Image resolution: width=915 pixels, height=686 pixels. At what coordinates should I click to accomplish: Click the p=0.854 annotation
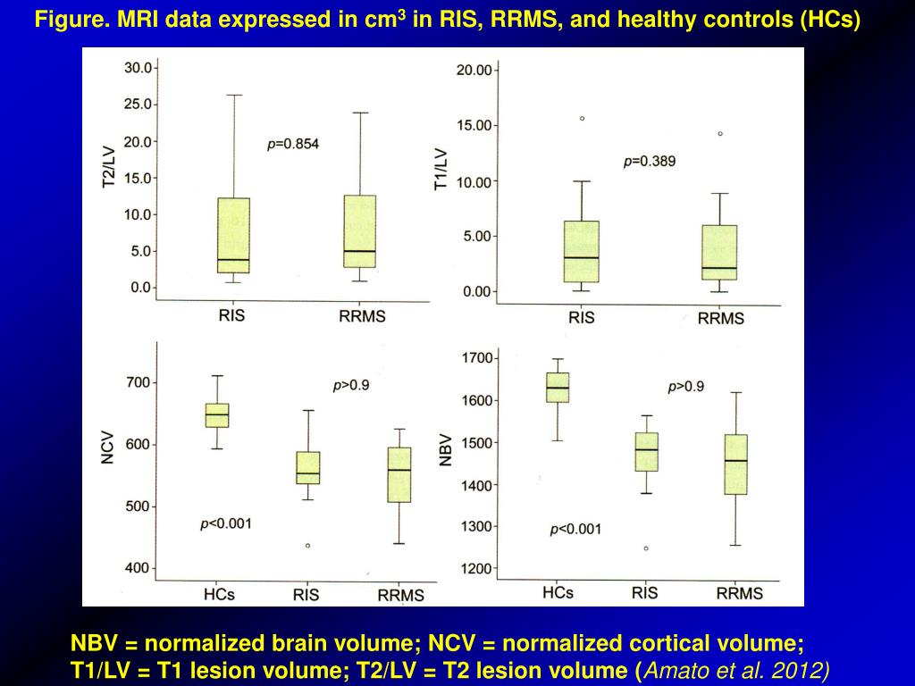pos(293,144)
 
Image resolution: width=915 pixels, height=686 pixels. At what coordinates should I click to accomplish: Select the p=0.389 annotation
pos(649,162)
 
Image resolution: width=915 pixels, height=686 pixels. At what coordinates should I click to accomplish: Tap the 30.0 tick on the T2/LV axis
pos(138,68)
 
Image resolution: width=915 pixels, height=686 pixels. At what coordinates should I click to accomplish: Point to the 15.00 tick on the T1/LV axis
pos(474,125)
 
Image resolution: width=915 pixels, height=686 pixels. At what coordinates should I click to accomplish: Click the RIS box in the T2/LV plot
pos(232,235)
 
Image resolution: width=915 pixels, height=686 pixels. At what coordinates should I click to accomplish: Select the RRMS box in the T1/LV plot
pos(720,252)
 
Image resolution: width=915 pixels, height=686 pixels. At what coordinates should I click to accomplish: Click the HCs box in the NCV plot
pos(216,415)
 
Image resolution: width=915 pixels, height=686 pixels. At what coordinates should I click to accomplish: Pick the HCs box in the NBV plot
pos(558,387)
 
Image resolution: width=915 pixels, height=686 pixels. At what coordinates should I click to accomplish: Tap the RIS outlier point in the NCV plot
pos(307,545)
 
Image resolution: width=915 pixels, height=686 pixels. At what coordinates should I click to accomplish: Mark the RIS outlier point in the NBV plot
pos(645,548)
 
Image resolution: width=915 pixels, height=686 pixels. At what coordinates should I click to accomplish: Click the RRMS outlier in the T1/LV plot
pos(720,134)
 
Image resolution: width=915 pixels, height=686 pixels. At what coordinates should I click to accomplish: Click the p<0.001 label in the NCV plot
pos(225,524)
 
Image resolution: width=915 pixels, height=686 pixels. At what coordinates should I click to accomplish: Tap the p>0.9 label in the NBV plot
pos(685,387)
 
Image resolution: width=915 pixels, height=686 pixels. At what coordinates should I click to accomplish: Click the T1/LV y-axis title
pos(441,169)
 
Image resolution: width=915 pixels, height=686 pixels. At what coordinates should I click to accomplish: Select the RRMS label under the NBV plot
pos(739,594)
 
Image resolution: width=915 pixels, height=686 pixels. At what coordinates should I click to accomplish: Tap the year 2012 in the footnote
pos(802,670)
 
